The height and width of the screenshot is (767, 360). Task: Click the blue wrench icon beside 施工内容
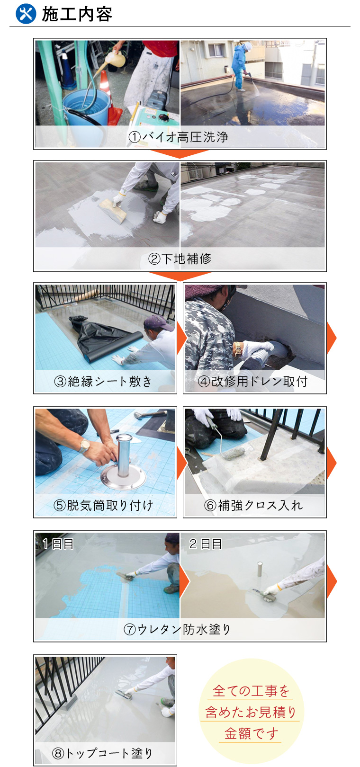26,14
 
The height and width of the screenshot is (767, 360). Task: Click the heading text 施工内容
77,14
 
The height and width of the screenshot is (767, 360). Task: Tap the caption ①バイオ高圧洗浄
179,137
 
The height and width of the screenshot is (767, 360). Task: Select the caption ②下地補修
180,259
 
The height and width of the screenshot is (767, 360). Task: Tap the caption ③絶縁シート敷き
103,381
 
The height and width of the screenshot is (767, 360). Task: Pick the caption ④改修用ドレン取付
253,381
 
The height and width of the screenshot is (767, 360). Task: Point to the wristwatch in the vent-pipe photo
84,446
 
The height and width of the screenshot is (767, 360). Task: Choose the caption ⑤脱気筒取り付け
103,505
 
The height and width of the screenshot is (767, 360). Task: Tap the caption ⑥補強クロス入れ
253,505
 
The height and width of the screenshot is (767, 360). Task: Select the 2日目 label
206,544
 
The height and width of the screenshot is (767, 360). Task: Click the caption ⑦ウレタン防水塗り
177,629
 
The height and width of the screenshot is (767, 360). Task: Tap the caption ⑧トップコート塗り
102,753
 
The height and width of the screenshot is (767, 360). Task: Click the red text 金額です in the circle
251,733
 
